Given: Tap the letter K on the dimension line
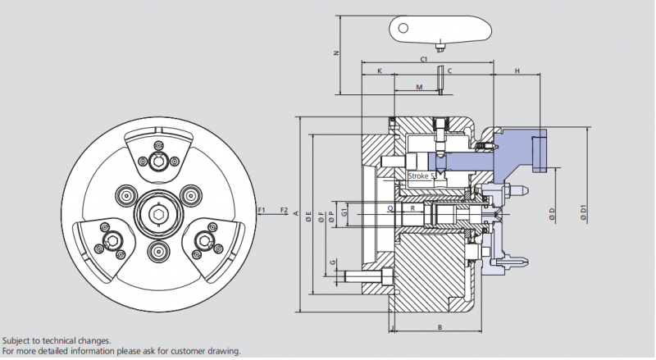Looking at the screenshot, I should click(379, 72).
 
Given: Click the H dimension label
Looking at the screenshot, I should click(517, 72).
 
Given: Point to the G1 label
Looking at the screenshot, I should click(344, 212).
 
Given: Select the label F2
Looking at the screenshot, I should click(284, 211).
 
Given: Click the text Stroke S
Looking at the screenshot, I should click(421, 176).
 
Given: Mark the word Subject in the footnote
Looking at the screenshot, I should click(17, 340).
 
